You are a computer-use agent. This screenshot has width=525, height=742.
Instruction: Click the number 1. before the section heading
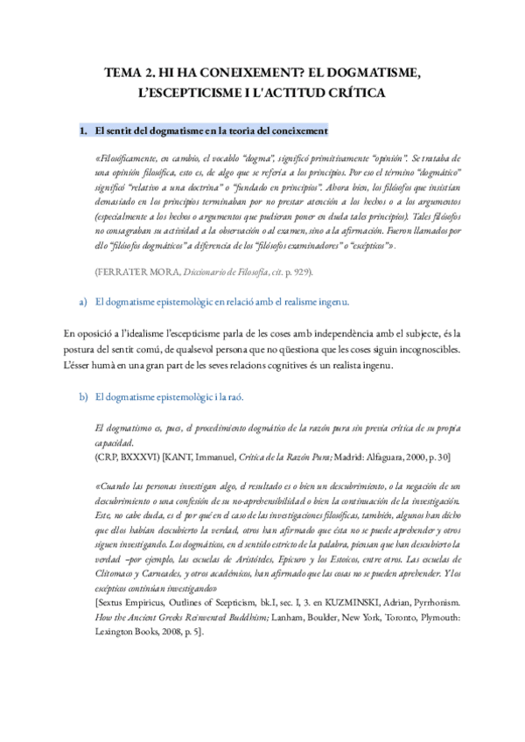(84, 130)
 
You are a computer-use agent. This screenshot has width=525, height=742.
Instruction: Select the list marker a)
(83, 302)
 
